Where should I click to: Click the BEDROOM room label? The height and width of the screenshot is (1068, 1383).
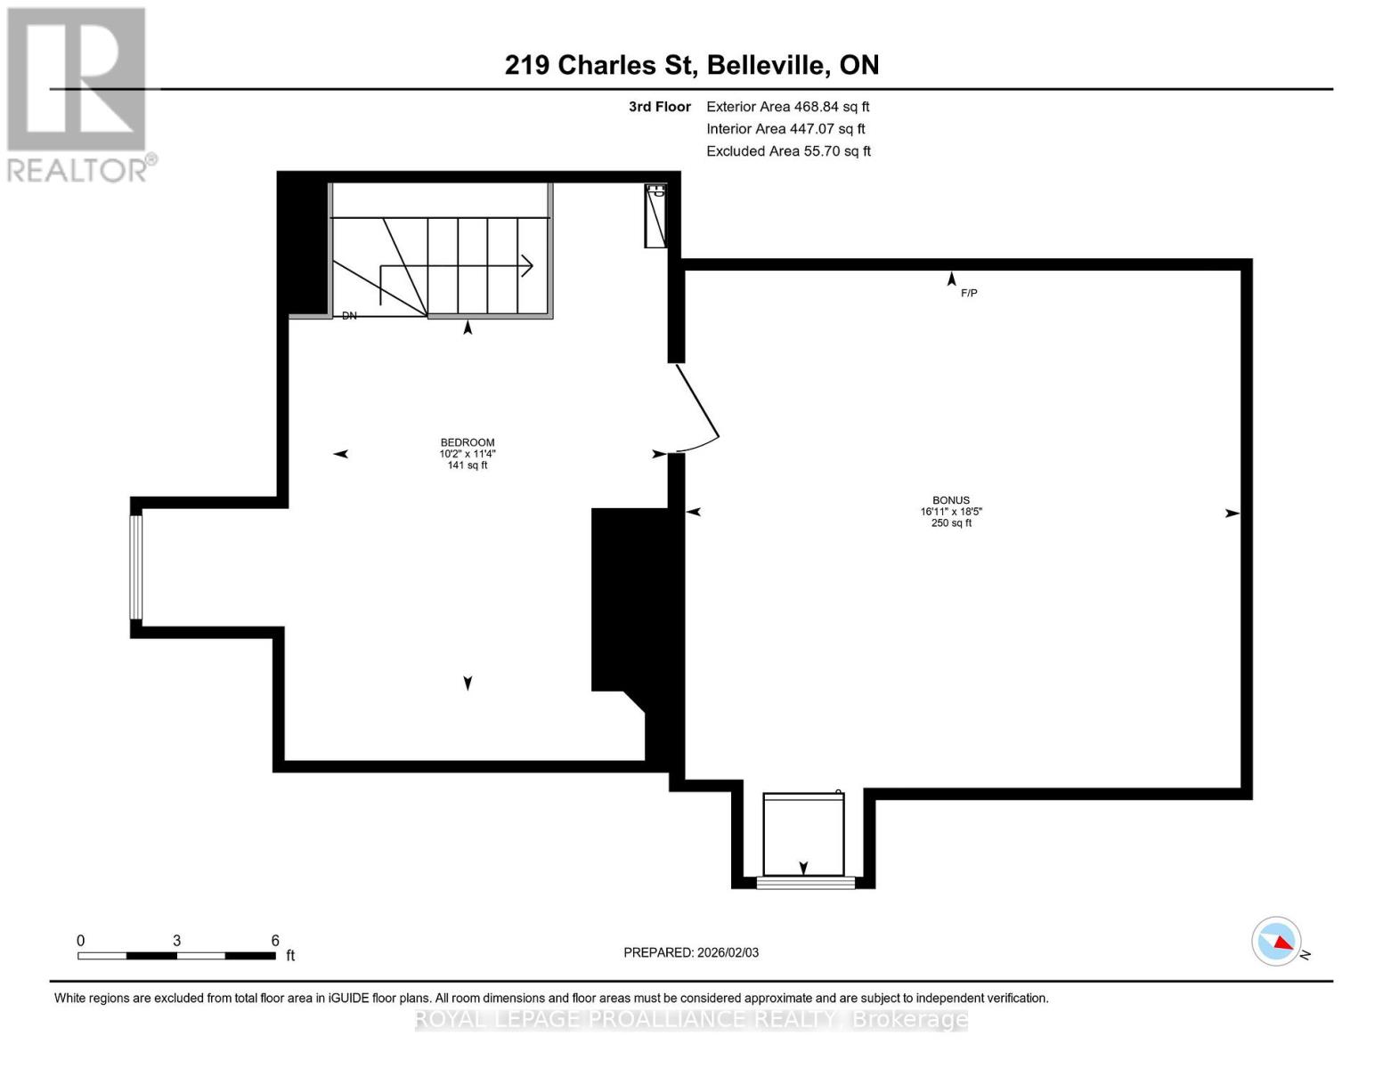click(x=467, y=442)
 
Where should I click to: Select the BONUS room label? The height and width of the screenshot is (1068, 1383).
click(x=951, y=500)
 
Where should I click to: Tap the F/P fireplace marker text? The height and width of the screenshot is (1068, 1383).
click(x=969, y=293)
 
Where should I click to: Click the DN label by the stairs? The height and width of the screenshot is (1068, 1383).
click(x=349, y=316)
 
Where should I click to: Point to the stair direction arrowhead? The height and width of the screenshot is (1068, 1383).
click(x=527, y=265)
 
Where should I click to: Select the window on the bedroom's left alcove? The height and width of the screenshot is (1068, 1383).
click(x=136, y=567)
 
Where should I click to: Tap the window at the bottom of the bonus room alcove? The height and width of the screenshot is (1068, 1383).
click(x=805, y=883)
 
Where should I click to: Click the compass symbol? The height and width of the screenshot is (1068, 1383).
click(x=1277, y=941)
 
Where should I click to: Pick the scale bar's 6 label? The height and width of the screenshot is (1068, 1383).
click(x=275, y=941)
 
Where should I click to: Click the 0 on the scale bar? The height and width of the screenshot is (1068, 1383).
click(x=81, y=941)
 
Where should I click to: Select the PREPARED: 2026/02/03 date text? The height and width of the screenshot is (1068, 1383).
click(x=691, y=952)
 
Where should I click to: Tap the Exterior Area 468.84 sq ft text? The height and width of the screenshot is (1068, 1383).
click(x=787, y=107)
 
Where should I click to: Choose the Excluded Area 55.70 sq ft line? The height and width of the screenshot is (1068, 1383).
click(x=788, y=151)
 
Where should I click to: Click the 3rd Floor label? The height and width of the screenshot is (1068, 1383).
click(x=660, y=107)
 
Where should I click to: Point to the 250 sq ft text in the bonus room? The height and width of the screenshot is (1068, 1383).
click(x=951, y=523)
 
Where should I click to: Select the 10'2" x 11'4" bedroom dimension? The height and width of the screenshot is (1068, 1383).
click(x=467, y=454)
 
